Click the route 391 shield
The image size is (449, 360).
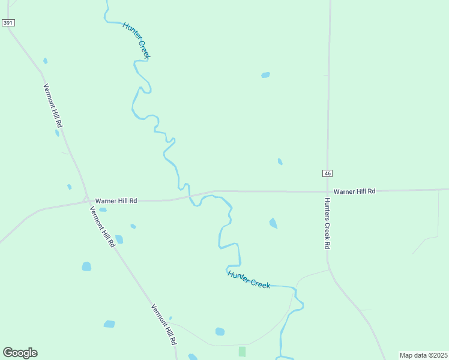pos(8,23)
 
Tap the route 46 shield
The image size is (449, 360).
pos(327,173)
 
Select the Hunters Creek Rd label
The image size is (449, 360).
pos(328,223)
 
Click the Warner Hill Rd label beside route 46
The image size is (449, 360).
pos(354,191)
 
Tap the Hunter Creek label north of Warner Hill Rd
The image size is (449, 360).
pos(136,40)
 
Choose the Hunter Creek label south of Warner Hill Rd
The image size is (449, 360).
pos(249,279)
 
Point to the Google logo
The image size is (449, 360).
pos(20,353)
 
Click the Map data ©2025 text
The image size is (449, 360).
pos(423,355)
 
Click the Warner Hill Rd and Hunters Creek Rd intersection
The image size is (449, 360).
pos(327,192)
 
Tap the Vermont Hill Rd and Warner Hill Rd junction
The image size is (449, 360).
pos(87,201)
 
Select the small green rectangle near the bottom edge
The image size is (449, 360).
pos(242,351)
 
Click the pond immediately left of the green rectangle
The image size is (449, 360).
pos(220,331)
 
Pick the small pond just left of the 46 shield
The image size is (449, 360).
pos(280,161)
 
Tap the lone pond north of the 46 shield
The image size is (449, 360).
pos(265,75)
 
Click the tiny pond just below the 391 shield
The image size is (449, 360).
pos(45,61)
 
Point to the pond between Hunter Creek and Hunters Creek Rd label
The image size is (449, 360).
pos(273,223)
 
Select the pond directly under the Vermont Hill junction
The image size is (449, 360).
pos(103,210)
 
